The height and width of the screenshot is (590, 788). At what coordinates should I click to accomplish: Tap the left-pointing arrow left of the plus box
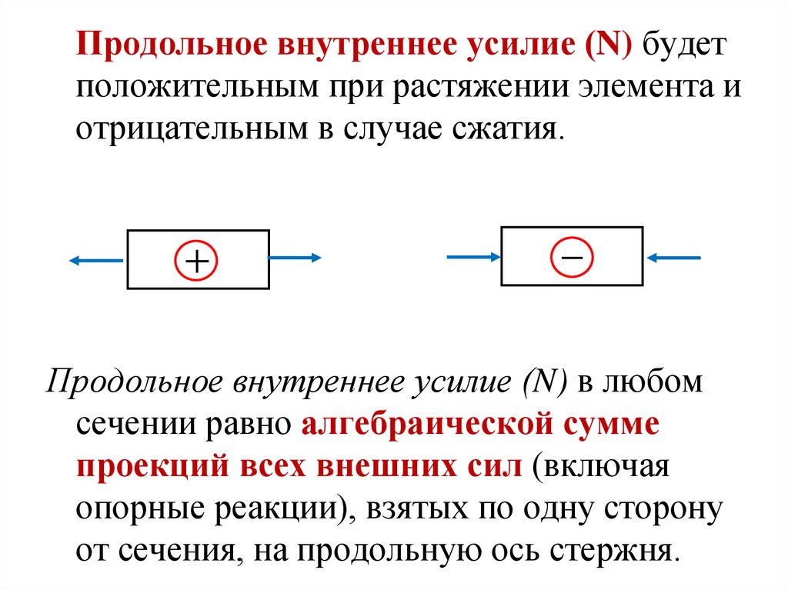(96, 261)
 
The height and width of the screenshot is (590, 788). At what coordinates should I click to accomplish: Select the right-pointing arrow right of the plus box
(295, 258)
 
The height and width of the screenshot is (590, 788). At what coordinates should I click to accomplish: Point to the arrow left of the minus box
(473, 257)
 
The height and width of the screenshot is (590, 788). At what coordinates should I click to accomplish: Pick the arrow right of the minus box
(674, 257)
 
